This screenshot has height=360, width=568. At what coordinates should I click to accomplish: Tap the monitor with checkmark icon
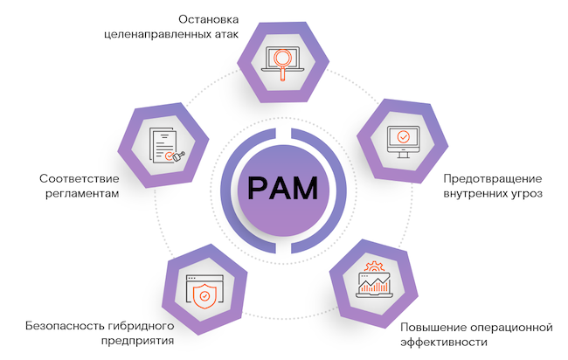403,137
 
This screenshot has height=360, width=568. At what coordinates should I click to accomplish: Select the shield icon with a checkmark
204,294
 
